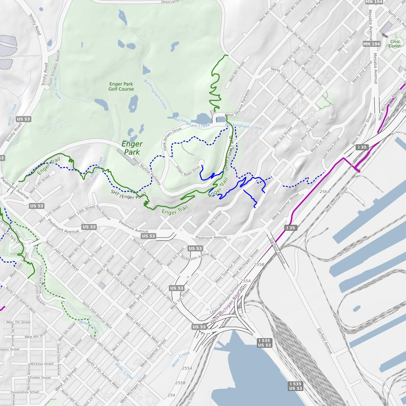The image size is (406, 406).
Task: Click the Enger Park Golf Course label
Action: pos(121,86)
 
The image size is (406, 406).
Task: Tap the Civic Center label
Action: pos(395,44)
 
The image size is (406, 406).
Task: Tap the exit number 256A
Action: pos(325,192)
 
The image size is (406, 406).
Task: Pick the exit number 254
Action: pos(171,395)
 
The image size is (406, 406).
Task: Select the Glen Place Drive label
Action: pos(331,147)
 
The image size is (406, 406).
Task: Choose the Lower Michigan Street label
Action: pos(221,300)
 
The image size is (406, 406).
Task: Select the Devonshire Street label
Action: pos(25,392)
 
